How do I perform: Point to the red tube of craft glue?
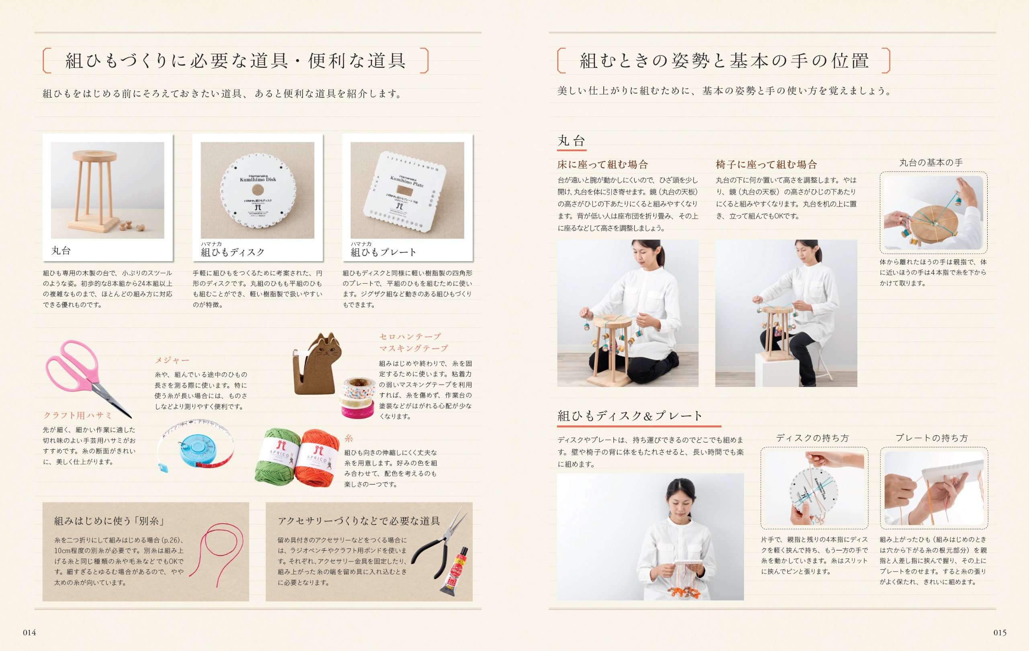pyautogui.click(x=455, y=571)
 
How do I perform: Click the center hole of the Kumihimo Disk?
pyautogui.click(x=257, y=190)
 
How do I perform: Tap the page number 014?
pyautogui.click(x=29, y=633)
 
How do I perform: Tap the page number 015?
pyautogui.click(x=1000, y=633)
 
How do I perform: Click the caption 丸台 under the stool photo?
pyautogui.click(x=61, y=251)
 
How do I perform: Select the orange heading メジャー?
pyautogui.click(x=172, y=360)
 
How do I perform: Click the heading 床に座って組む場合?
pyautogui.click(x=603, y=164)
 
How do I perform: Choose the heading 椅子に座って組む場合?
pyautogui.click(x=766, y=164)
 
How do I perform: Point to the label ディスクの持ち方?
pyautogui.click(x=812, y=438)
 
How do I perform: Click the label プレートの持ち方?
pyautogui.click(x=932, y=438)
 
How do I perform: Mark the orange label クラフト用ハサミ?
pyautogui.click(x=77, y=415)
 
